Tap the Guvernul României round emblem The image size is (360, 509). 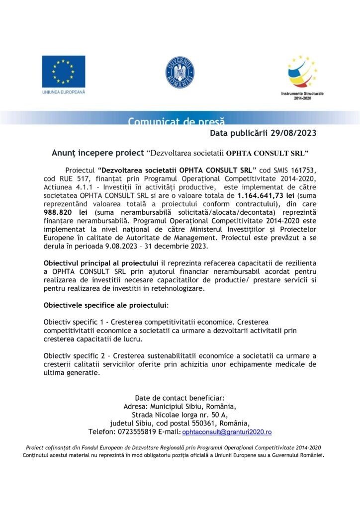[180, 73]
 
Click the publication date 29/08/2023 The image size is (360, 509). [291, 133]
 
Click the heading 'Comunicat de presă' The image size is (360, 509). [176, 121]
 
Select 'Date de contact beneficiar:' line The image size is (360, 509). [180, 398]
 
